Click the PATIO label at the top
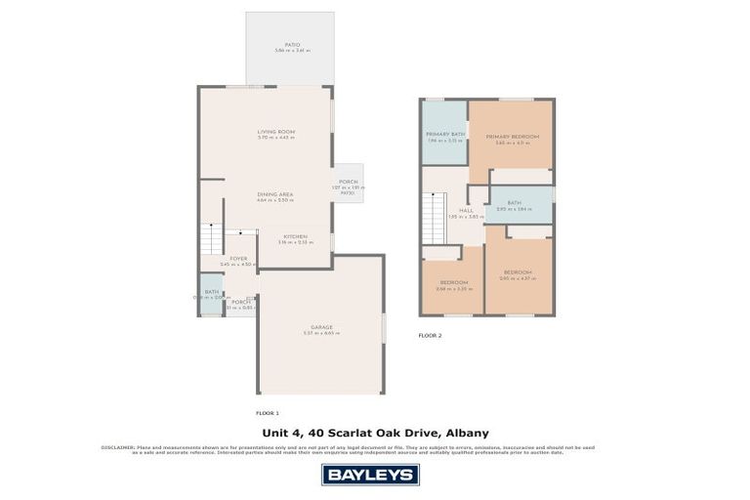point(291,44)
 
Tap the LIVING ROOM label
point(275,132)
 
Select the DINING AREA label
point(275,194)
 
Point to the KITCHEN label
point(296,236)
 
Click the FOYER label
point(238,259)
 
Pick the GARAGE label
point(321,327)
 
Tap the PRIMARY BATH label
point(444,135)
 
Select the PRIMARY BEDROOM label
point(512,137)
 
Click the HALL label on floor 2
point(466,210)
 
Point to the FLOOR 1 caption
point(268,413)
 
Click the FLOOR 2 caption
point(430,335)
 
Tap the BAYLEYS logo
point(370,475)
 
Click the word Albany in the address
point(466,433)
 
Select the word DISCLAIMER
point(117,447)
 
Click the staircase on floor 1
point(212,238)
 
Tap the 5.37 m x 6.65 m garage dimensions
point(321,334)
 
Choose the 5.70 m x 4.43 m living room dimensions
point(275,138)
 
